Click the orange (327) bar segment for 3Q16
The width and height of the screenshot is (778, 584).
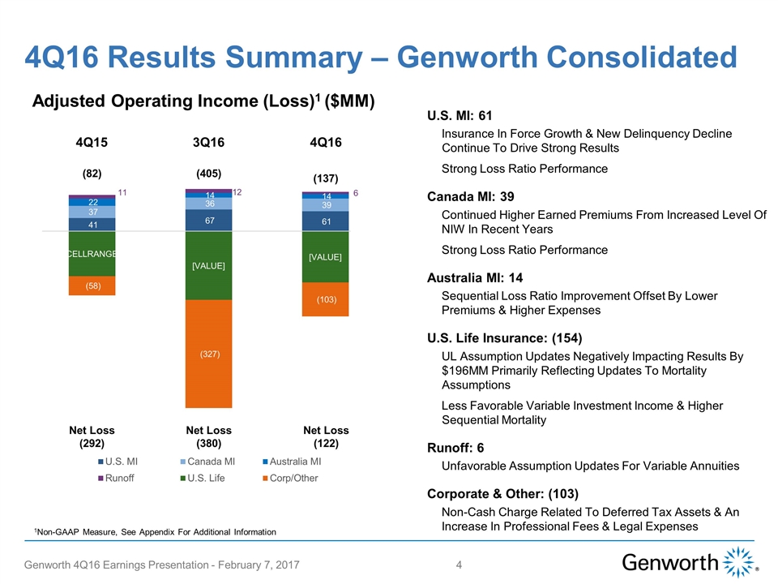click(208, 354)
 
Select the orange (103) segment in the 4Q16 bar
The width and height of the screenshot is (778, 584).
click(325, 299)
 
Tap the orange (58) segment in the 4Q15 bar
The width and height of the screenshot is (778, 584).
click(92, 286)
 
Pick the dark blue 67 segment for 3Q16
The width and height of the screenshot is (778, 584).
click(208, 221)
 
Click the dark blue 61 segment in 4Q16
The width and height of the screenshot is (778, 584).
click(325, 221)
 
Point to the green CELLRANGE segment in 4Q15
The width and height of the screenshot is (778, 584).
click(92, 254)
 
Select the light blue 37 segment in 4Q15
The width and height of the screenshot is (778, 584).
click(92, 212)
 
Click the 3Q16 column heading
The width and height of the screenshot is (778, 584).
click(208, 143)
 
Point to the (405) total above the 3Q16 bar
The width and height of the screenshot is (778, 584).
click(208, 174)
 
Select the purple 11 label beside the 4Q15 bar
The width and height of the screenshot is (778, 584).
click(123, 192)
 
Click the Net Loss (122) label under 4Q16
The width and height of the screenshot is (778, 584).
click(325, 437)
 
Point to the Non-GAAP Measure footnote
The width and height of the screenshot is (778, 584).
click(155, 531)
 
